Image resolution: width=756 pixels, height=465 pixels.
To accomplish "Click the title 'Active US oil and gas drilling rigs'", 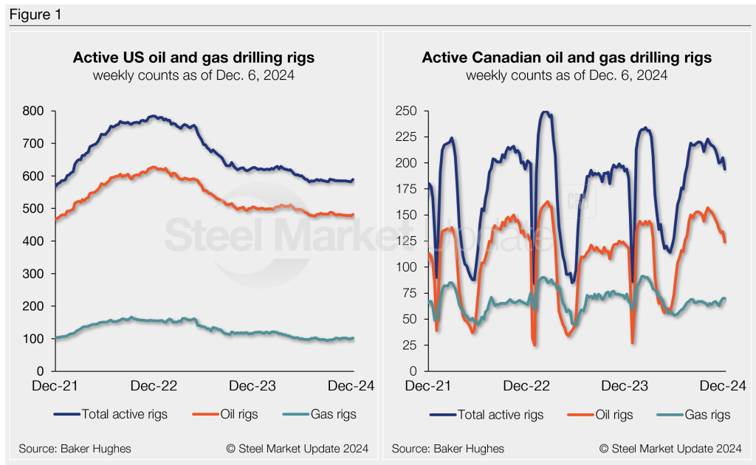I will [193, 58].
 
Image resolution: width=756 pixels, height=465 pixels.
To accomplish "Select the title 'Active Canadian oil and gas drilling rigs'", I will [566, 58].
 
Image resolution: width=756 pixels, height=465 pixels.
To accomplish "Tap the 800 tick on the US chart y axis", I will [35, 111].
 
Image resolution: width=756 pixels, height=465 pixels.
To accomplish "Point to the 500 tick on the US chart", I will [35, 209].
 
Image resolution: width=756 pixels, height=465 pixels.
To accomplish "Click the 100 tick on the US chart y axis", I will [35, 339].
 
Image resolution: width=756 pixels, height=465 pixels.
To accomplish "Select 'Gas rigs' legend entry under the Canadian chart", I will [707, 414].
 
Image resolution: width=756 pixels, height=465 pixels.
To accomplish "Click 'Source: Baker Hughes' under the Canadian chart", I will [448, 448].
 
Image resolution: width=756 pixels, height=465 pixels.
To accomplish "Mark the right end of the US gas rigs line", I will [353, 338].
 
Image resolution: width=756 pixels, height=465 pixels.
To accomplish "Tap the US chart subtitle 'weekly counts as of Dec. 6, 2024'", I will [193, 75].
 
